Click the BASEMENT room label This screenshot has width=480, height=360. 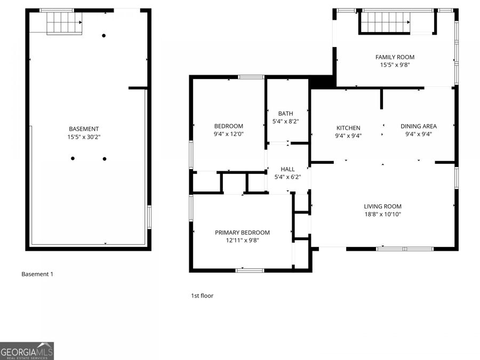coord(84,129)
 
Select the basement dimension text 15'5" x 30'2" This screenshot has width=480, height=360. coord(84,137)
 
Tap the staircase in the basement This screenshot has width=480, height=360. coord(63,22)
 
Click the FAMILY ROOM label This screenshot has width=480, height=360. coord(395,57)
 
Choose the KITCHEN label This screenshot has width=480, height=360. coord(348,128)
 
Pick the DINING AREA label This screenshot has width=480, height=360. coord(419,126)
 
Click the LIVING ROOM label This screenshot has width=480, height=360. coord(382,206)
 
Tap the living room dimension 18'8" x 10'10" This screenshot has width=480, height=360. coord(382,214)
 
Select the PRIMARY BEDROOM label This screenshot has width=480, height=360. coord(242,233)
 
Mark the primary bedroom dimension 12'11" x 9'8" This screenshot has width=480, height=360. coord(242,240)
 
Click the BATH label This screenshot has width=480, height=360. coord(285,114)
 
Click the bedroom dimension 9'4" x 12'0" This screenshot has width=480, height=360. coord(228,134)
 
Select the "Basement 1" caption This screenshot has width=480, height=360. coord(37,274)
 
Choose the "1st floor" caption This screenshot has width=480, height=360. coord(202,295)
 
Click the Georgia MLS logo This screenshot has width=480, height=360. coord(27,351)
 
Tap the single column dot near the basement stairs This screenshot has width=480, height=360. coord(104,36)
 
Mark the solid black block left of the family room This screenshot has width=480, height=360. coord(322,82)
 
